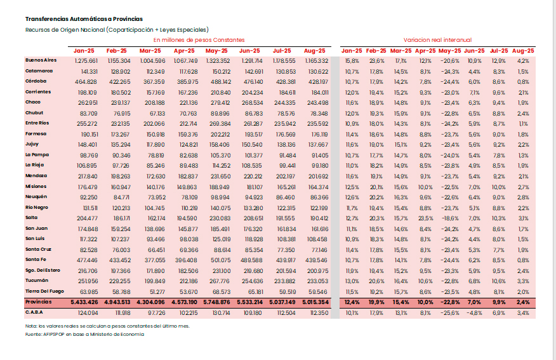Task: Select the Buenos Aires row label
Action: pyautogui.click(x=41, y=60)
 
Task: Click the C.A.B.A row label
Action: pyautogui.click(x=34, y=312)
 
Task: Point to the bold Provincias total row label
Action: pyautogui.click(x=39, y=302)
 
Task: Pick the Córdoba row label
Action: pyautogui.click(x=36, y=81)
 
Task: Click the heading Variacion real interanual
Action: pyautogui.click(x=438, y=39)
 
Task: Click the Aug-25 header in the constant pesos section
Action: pyautogui.click(x=315, y=50)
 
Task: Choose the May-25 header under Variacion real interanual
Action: pyautogui.click(x=449, y=50)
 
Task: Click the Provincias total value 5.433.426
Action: pyautogui.click(x=84, y=302)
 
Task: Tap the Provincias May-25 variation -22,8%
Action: pyautogui.click(x=449, y=302)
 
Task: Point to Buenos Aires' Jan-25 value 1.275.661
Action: pyautogui.click(x=86, y=60)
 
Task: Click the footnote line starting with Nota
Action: pyautogui.click(x=107, y=326)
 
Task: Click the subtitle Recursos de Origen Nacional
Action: pyautogui.click(x=117, y=30)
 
